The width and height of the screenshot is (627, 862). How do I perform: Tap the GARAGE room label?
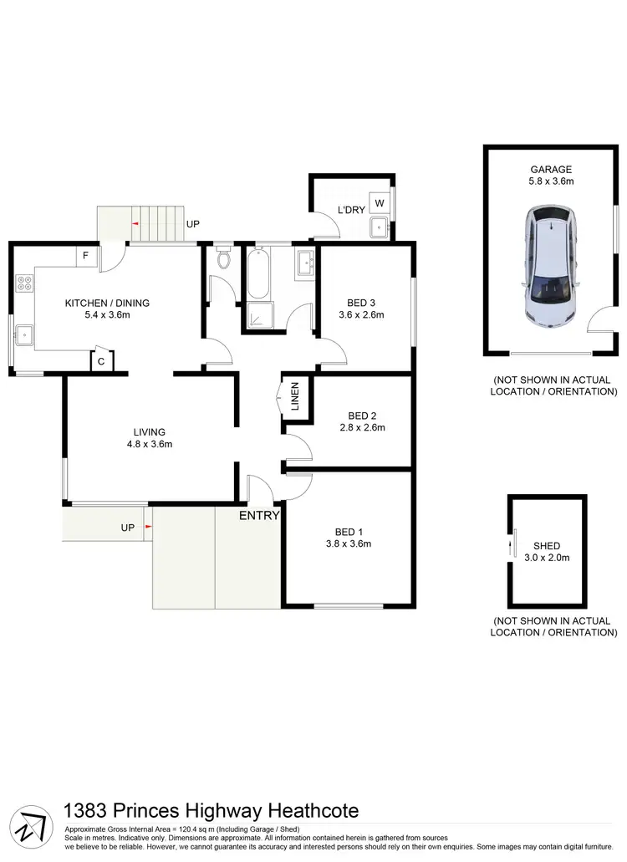click(550, 169)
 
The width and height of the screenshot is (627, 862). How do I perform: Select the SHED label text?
click(547, 546)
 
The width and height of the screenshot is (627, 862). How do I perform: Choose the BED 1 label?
click(349, 531)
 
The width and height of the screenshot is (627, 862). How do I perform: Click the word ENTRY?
click(258, 516)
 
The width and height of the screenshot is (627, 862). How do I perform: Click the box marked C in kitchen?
click(101, 361)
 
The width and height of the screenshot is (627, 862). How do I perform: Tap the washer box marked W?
click(379, 203)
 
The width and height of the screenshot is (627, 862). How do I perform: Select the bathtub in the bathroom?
click(258, 275)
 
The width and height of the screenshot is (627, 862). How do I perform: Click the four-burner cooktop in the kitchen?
click(24, 284)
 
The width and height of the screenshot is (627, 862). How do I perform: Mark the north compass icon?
click(32, 825)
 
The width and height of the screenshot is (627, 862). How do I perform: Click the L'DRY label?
click(351, 210)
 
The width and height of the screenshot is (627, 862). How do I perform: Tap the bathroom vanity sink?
click(304, 263)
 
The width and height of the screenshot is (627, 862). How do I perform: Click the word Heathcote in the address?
click(313, 810)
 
